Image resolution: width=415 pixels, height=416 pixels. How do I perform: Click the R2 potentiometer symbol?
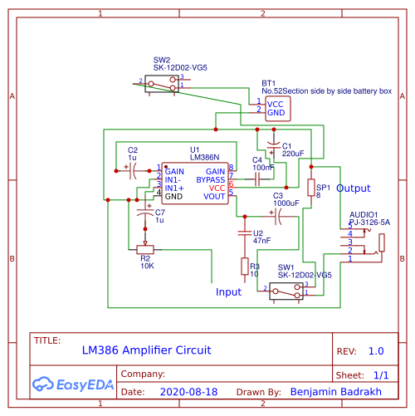(144, 247)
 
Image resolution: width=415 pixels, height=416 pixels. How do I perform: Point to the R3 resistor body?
(243, 267)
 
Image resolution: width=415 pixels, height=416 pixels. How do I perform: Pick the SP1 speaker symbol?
(310, 188)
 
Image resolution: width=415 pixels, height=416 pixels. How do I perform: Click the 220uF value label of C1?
(293, 154)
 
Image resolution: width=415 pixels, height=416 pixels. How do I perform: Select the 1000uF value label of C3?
(286, 203)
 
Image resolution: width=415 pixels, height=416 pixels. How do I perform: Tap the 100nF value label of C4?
(263, 167)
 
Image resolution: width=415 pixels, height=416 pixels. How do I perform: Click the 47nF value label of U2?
(261, 240)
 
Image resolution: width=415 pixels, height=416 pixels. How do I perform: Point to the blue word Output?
(354, 188)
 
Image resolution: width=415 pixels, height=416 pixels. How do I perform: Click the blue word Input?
(228, 292)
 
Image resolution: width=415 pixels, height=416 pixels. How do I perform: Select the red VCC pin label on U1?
(217, 188)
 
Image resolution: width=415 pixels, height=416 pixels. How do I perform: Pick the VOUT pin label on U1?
(214, 197)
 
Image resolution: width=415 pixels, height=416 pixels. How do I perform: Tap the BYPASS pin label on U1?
(210, 179)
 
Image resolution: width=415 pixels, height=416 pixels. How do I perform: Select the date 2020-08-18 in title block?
(188, 391)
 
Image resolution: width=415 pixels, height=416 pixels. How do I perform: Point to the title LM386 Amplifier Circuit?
(146, 350)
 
